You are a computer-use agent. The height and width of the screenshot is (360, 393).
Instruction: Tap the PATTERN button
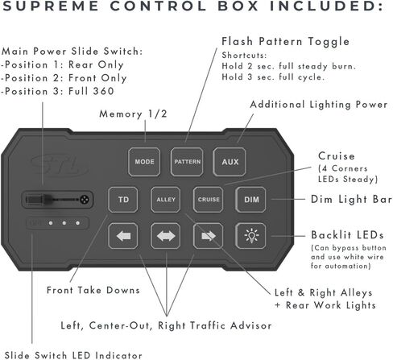coord(187,162)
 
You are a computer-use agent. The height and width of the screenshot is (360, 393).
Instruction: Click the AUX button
coord(230,162)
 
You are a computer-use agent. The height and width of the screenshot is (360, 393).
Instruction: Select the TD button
coord(123,200)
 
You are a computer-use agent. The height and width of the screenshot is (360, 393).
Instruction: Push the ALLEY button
coord(166,200)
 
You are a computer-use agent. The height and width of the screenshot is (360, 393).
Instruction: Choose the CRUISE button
coord(209,200)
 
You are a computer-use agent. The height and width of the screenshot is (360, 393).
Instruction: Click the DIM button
coord(251,200)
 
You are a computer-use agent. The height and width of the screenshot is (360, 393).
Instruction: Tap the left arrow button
coord(123,236)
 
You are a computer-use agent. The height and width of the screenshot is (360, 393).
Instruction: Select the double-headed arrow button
coord(166,236)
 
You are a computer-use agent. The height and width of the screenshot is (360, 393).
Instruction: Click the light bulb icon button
coord(251,236)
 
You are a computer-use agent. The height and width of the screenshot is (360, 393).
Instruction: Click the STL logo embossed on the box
coord(60,165)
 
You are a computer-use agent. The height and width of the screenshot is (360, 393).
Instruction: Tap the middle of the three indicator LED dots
coord(64,223)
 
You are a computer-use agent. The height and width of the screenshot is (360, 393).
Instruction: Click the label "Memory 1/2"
coord(133,114)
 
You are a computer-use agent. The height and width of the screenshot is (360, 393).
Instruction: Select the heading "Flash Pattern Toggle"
coord(285,41)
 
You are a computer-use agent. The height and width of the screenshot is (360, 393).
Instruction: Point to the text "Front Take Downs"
coord(93,290)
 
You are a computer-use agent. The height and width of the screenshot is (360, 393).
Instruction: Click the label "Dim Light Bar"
coord(351,199)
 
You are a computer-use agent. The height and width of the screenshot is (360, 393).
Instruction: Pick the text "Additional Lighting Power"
coord(319,105)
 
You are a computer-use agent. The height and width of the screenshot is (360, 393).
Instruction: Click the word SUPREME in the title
coord(51,6)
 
